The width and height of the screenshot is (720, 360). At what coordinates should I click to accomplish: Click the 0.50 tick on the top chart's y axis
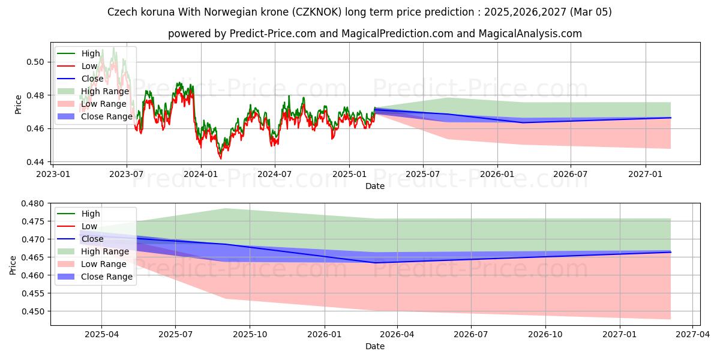pos(36,62)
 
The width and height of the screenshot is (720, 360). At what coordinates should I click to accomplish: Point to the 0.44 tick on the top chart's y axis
pos(36,162)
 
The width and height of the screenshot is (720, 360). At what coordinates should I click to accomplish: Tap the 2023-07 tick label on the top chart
pos(126,174)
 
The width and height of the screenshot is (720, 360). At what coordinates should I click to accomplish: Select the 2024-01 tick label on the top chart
pos(200,174)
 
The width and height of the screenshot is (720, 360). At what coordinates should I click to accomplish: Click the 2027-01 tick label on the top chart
pos(646,174)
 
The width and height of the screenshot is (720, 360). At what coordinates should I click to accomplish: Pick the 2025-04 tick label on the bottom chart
pos(101,335)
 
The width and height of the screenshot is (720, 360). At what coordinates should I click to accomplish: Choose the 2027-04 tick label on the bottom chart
pos(693,335)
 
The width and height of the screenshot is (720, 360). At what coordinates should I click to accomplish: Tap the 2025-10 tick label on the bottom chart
pos(250,335)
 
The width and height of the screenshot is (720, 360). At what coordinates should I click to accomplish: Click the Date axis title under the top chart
pos(375,186)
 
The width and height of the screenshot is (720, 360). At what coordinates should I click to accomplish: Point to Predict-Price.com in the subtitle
pos(274,34)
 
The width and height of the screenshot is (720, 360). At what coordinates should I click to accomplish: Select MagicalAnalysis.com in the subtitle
pos(530,34)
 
